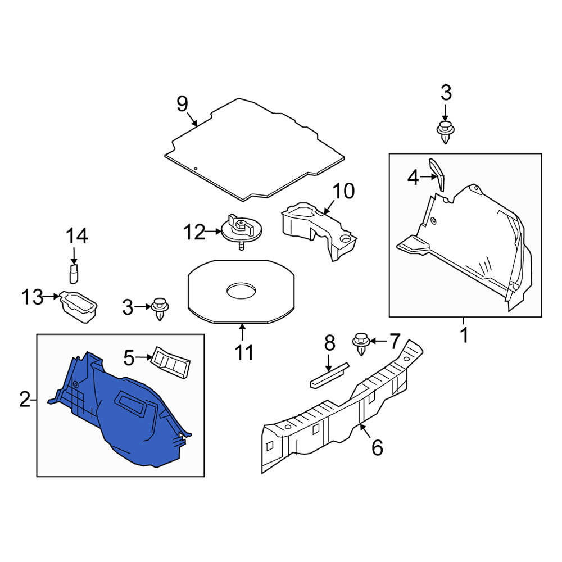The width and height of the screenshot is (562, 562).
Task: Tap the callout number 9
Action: pos(182,105)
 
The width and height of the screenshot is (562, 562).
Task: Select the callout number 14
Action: pos(76,236)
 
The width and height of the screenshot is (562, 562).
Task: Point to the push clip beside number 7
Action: pos(361,344)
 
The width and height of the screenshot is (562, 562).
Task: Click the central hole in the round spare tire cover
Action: pos(241,291)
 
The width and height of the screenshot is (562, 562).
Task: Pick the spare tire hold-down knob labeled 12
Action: pos(241,231)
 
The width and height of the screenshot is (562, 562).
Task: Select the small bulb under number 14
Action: pos(74,274)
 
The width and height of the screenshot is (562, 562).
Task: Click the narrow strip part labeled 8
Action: pos(329,375)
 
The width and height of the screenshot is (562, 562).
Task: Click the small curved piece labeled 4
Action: pos(437,174)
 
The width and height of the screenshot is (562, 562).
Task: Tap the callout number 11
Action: pos(244,352)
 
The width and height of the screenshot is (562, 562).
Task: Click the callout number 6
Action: pos(377,447)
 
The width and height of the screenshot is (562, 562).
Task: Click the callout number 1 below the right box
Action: pos(464,335)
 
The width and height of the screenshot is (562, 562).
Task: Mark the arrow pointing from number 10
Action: pos(328,207)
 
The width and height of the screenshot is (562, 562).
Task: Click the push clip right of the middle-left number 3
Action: pos(160,309)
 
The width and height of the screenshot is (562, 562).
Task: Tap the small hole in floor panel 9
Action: pos(196,168)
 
